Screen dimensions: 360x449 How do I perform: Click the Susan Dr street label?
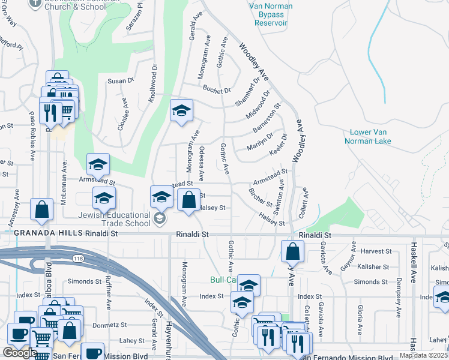(x=120, y=80)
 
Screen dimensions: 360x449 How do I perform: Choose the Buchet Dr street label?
(x=217, y=91)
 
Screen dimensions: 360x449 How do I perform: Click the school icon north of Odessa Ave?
(x=181, y=111)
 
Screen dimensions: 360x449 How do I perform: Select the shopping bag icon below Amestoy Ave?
(x=42, y=210)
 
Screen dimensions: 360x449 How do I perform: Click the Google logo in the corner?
(x=19, y=353)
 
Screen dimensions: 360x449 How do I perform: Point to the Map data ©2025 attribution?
(x=423, y=355)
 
